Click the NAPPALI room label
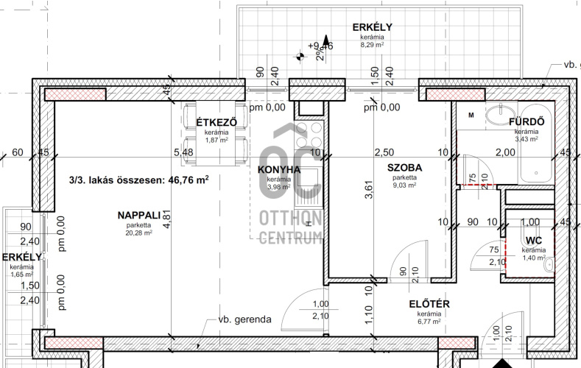click(139, 215)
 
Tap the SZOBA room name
click(404, 168)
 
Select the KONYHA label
click(279, 170)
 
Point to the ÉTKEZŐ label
click(216, 122)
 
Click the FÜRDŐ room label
click(527, 121)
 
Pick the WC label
click(534, 241)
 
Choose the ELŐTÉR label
click(429, 304)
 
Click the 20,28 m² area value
click(139, 233)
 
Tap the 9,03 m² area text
click(404, 185)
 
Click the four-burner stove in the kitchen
click(309, 135)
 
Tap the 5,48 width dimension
click(184, 152)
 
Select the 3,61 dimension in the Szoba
click(369, 190)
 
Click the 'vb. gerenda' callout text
click(245, 319)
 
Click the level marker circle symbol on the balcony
click(300, 57)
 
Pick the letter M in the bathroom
click(471, 116)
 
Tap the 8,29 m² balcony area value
click(372, 45)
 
